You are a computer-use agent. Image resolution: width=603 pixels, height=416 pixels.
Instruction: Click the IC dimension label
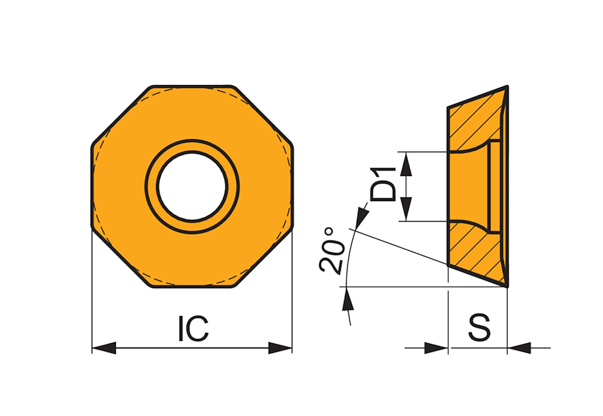pyautogui.click(x=194, y=328)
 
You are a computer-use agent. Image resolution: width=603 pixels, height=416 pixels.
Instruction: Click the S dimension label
pyautogui.click(x=480, y=328)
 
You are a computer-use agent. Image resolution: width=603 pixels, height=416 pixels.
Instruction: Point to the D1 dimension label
pyautogui.click(x=383, y=185)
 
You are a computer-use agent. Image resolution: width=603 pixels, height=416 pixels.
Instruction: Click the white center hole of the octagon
pyautogui.click(x=192, y=187)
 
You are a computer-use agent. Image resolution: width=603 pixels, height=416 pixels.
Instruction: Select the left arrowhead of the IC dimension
pyautogui.click(x=104, y=348)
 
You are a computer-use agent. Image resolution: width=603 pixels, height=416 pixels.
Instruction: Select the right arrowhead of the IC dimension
pyautogui.click(x=280, y=348)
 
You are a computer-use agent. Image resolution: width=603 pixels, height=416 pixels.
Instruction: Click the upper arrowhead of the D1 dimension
pyautogui.click(x=407, y=163)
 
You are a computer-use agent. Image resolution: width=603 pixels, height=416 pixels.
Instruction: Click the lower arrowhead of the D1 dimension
pyautogui.click(x=407, y=210)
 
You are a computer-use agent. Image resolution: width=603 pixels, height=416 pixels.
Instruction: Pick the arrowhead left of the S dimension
pyautogui.click(x=436, y=348)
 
